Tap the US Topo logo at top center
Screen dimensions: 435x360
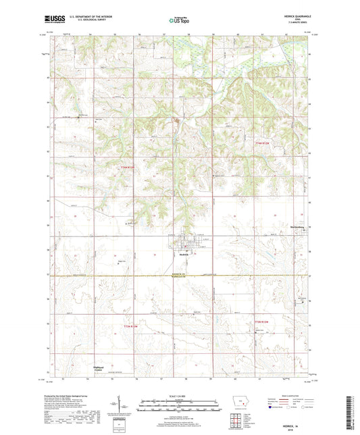click(x=174, y=21)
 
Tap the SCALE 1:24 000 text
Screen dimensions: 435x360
click(x=179, y=395)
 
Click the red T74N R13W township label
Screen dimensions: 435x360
click(x=128, y=167)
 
